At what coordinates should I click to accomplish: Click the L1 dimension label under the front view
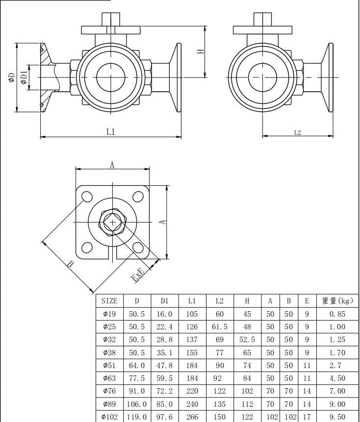111,132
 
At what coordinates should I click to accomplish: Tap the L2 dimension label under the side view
297,132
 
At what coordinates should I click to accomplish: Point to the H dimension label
201,51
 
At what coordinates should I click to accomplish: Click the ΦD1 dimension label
24,77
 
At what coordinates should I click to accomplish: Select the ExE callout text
137,274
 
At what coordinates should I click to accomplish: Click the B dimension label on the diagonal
70,264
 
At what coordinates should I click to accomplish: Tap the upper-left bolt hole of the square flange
87,197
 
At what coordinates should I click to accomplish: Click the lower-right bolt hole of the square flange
138,248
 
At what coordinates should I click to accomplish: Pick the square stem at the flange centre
112,223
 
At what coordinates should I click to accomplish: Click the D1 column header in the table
164,301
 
